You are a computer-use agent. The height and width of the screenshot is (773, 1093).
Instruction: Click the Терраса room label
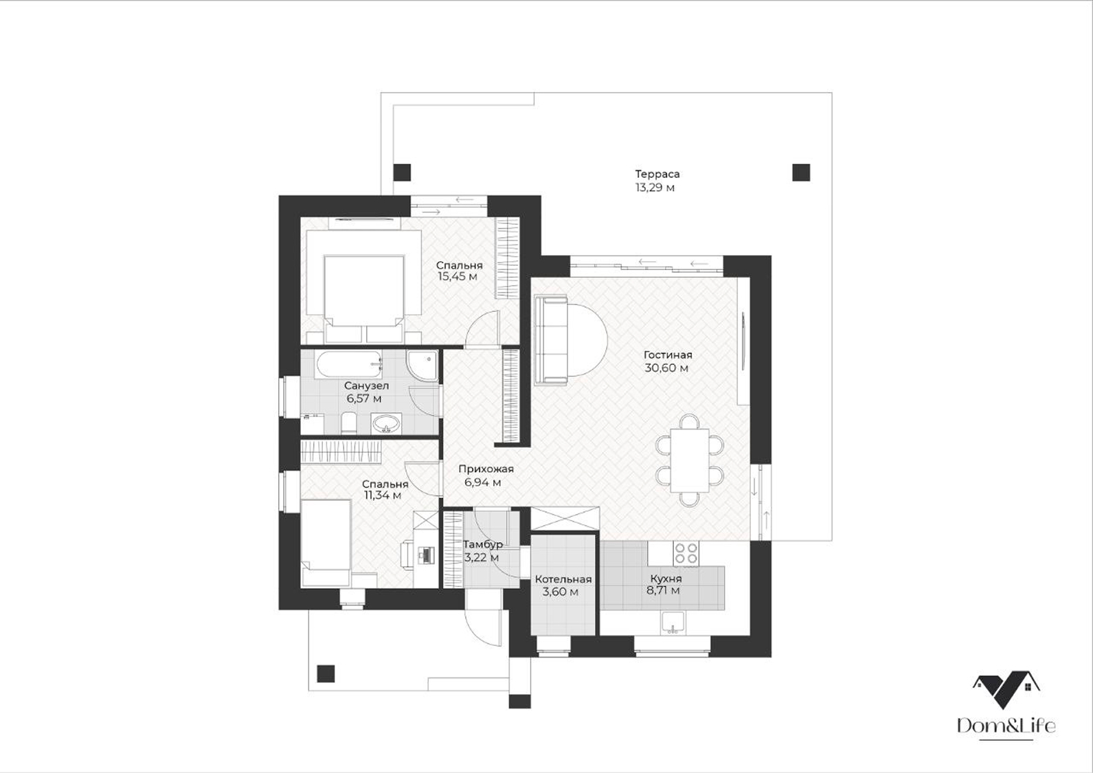pos(657,174)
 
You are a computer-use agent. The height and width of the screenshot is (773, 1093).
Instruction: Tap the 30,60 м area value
pos(666,368)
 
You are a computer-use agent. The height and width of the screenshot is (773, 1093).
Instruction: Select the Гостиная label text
pos(668,355)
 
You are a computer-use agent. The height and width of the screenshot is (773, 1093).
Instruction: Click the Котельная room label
pos(563,579)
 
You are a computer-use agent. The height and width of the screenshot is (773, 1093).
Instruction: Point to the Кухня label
pos(666,579)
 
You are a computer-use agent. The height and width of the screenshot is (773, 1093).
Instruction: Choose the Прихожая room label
pos(486,469)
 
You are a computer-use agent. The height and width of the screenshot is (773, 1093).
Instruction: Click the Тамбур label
pos(483,544)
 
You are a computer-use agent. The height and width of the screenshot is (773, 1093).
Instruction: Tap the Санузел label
pos(366,386)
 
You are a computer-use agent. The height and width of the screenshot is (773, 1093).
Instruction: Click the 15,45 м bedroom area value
pos(458,277)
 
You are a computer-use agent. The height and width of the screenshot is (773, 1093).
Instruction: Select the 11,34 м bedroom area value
pos(383,495)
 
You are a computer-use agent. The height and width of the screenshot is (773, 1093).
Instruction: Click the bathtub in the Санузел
pos(349,365)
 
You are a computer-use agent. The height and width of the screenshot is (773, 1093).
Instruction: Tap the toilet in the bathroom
pos(349,423)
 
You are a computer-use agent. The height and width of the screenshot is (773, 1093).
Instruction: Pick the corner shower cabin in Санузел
pos(422,366)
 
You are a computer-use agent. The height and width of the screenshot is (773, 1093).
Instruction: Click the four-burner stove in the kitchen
pos(686,553)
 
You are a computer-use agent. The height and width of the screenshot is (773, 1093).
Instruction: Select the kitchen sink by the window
pos(673,623)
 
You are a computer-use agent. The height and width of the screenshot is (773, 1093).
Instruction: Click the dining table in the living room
pos(690,460)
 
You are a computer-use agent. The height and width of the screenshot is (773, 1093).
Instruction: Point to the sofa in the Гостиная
pos(552,339)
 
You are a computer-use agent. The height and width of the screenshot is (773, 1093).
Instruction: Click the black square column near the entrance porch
pos(326,673)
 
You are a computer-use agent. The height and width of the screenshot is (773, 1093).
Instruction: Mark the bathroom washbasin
pos(387,423)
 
